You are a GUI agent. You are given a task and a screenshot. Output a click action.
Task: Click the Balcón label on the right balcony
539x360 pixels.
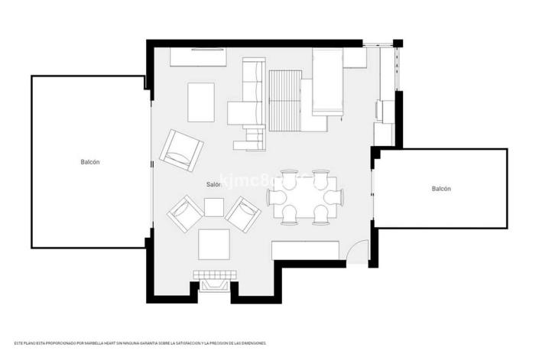(x=441, y=189)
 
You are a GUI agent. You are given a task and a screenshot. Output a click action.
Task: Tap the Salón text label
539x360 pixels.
(x=213, y=185)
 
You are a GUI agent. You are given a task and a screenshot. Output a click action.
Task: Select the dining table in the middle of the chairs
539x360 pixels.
(x=305, y=197)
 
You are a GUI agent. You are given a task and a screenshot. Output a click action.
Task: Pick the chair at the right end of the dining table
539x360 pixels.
(x=334, y=197)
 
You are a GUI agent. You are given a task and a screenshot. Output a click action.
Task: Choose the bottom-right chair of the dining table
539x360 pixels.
(x=320, y=216)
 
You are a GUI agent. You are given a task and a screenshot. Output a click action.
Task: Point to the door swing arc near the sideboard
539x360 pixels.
(x=356, y=251)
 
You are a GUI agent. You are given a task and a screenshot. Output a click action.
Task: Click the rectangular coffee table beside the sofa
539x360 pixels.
(x=202, y=102)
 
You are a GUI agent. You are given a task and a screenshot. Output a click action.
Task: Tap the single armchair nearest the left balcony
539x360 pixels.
(x=181, y=151)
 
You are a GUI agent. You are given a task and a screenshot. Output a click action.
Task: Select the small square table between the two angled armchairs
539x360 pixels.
(x=214, y=206)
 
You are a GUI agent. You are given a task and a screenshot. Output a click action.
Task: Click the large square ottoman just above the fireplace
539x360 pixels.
(x=214, y=245)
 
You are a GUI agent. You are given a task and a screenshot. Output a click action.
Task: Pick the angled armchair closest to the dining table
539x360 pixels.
(x=243, y=215)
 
